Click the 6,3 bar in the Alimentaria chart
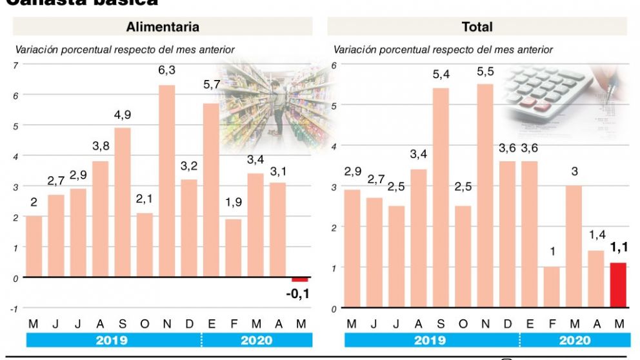pos(167,181)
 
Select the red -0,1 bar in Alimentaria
pos(300,280)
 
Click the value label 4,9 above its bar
pos(123,115)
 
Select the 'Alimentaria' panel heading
pos(163,27)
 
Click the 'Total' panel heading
pos(477,27)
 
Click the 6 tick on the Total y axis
pos(334,65)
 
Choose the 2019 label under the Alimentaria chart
pos(112,341)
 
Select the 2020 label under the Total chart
pos(575,341)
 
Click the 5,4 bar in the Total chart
pos(441,197)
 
